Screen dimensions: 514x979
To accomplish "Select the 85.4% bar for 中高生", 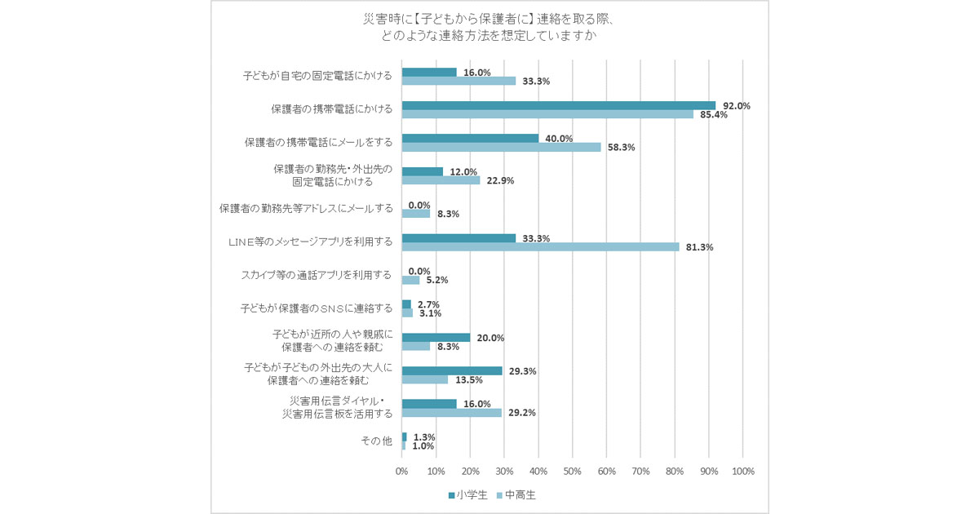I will (547, 114).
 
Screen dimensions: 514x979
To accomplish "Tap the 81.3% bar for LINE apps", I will (540, 247).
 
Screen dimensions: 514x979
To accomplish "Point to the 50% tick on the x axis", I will (573, 472).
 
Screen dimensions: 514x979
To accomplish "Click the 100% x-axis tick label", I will (742, 472).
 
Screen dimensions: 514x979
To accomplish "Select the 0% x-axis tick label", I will (402, 472).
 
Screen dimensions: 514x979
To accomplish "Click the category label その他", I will (376, 441).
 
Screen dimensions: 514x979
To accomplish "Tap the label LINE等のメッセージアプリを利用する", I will (311, 241).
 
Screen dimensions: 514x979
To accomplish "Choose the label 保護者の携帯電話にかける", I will (331, 109).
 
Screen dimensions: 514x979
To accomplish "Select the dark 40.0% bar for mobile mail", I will (470, 139).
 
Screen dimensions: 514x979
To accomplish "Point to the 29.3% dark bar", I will (452, 370).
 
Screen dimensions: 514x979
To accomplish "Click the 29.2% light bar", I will (452, 413).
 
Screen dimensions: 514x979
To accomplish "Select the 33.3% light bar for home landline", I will (458, 81).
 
